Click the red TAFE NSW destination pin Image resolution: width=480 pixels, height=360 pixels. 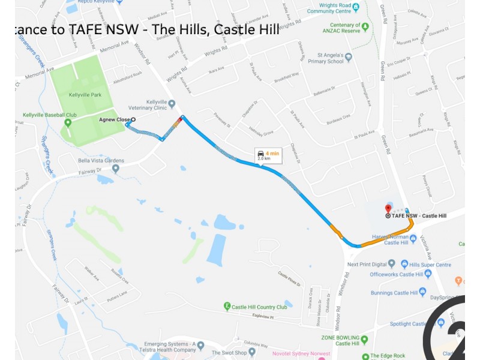pyautogui.click(x=388, y=208)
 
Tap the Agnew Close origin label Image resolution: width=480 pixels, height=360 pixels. pyautogui.click(x=114, y=119)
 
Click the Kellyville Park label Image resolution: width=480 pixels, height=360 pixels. pyautogui.click(x=85, y=95)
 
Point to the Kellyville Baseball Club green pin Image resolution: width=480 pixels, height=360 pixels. pyautogui.click(x=68, y=123)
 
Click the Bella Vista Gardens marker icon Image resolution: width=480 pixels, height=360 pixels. pyautogui.click(x=115, y=168)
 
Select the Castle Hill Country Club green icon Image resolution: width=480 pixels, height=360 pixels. pyautogui.click(x=227, y=307)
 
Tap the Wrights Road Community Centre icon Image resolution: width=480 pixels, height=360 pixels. pyautogui.click(x=356, y=8)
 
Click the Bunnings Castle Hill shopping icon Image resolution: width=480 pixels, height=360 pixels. pyautogui.click(x=422, y=292)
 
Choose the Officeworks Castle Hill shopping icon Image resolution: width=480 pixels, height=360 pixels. pyautogui.click(x=427, y=274)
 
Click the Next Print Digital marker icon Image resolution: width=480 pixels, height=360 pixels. pyautogui.click(x=392, y=263)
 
